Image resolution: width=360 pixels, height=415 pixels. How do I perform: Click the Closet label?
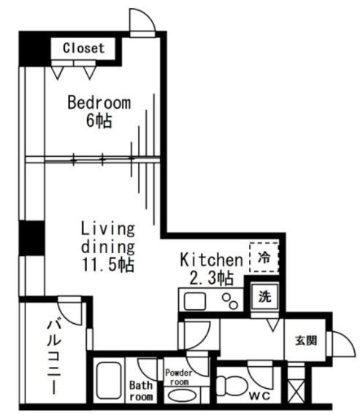click(x=83, y=49)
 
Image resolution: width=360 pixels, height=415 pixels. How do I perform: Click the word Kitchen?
click(x=211, y=260)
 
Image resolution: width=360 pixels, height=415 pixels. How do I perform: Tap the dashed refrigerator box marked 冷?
click(x=264, y=257)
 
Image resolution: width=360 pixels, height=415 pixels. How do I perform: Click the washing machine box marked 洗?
click(x=263, y=297)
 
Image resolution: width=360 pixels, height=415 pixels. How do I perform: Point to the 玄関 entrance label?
click(x=305, y=340)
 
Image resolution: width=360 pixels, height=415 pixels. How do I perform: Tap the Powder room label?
click(x=180, y=376)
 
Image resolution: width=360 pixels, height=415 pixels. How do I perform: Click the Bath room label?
click(x=141, y=391)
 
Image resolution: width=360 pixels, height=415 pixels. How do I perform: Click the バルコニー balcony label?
click(x=55, y=357)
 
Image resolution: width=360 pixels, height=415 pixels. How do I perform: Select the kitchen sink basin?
click(x=196, y=300)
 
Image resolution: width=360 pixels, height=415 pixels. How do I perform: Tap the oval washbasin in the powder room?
click(x=181, y=397)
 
